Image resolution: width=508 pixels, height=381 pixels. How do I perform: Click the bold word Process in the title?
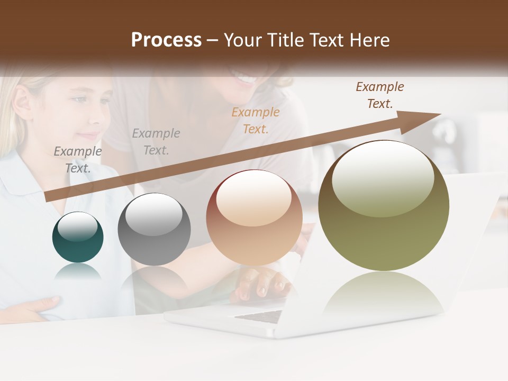point(166,40)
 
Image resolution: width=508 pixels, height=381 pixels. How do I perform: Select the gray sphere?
point(154,229)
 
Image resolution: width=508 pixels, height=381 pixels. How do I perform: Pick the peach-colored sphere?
point(254,218)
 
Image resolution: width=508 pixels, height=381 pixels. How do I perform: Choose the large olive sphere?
point(384,206)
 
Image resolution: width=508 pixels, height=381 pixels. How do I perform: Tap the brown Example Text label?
point(379,95)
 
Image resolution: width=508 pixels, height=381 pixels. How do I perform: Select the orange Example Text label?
point(256,121)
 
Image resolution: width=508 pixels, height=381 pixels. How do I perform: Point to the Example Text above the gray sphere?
point(156,142)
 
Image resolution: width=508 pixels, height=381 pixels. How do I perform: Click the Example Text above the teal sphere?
point(78,160)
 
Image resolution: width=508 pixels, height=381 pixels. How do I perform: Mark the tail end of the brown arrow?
point(49,197)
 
